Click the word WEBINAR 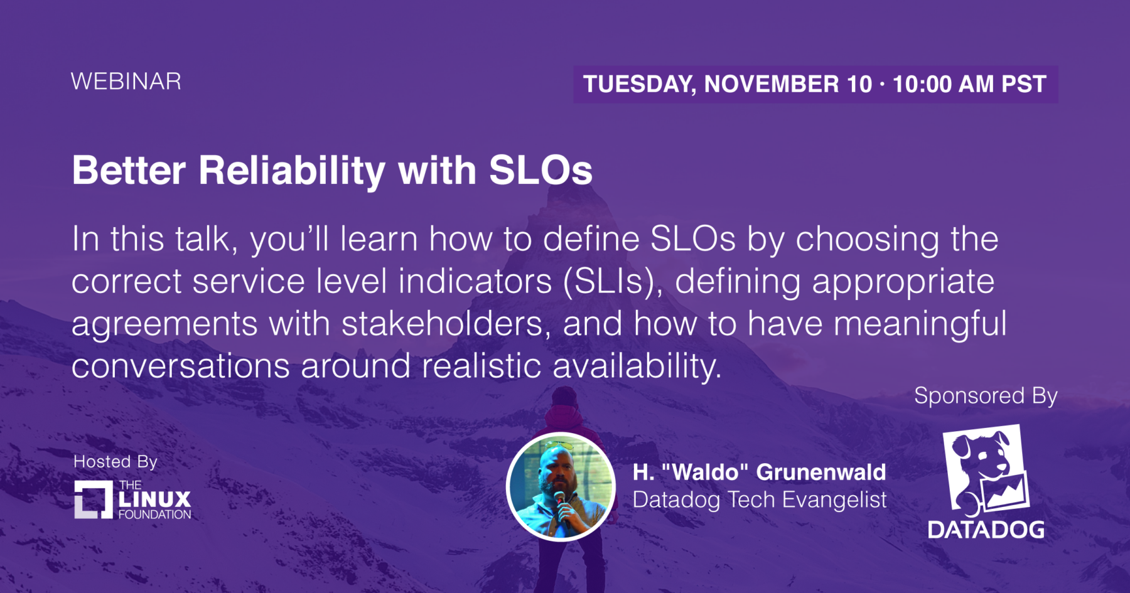126,82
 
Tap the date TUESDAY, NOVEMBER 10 728,84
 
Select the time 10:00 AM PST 969,84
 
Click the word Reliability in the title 292,171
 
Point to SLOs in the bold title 541,170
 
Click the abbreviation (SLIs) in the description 613,282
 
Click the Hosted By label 116,462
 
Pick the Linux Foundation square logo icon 94,500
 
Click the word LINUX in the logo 154,500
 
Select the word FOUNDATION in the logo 154,515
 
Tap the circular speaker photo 561,487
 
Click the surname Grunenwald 821,472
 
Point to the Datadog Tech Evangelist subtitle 760,500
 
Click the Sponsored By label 986,396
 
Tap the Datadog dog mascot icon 986,469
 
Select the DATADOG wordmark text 986,530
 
